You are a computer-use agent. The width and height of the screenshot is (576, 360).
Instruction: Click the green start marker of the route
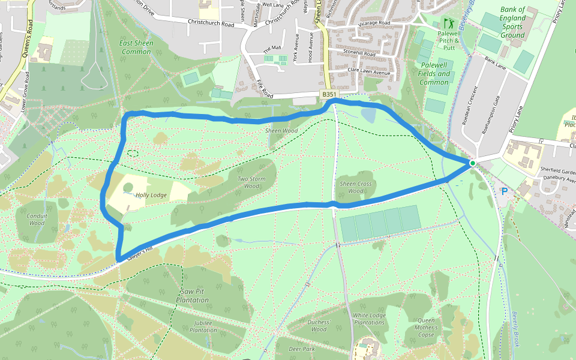pos(472,163)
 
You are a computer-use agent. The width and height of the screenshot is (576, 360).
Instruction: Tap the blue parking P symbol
pos(505,191)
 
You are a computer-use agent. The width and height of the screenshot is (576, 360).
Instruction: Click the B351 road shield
pos(328,95)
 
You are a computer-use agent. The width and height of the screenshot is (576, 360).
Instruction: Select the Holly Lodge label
pos(151,195)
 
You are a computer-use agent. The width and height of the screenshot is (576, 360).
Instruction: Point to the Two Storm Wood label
pos(248,182)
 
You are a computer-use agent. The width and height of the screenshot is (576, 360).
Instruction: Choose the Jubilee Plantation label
pos(203,326)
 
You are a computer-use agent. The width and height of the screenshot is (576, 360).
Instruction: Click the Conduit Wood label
pos(37,218)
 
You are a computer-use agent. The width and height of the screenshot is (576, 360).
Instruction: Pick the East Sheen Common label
pos(136,47)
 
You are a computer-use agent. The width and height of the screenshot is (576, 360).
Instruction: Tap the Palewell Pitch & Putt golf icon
pos(448,23)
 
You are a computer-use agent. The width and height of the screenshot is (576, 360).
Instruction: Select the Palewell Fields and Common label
pos(435,73)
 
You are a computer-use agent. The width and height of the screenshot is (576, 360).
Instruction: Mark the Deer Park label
pos(301,349)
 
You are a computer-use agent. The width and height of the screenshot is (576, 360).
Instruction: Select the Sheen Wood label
pos(282,130)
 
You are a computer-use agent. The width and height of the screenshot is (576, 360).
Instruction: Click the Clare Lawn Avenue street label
pos(369,72)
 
